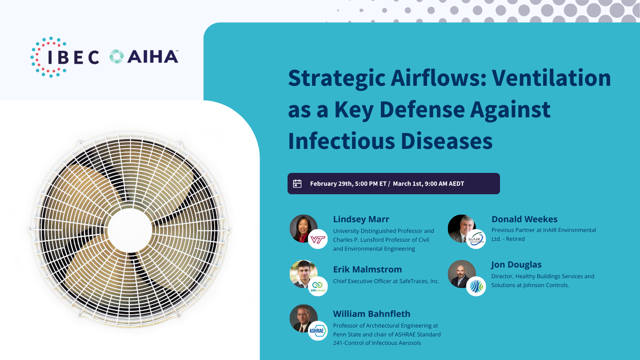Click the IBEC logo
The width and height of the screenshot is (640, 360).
[x=65, y=57]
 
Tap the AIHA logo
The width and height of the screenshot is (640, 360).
[x=144, y=57]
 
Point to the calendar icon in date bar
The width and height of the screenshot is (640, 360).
[x=297, y=184]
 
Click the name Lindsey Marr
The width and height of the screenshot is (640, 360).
[x=361, y=219]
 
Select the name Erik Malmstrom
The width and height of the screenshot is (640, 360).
[x=367, y=269]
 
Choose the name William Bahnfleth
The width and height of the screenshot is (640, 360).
[x=372, y=314]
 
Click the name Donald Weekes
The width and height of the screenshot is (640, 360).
[x=524, y=219]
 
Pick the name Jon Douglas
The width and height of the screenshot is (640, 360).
[x=516, y=264]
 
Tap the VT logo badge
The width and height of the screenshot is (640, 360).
[x=318, y=240]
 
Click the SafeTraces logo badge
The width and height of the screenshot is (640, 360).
[x=318, y=286]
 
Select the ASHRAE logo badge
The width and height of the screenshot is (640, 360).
[x=318, y=331]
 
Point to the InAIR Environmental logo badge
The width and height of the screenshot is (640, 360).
[x=476, y=239]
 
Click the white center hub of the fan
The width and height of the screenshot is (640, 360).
[x=124, y=230]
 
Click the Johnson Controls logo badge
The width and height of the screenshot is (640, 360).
[x=476, y=286]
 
